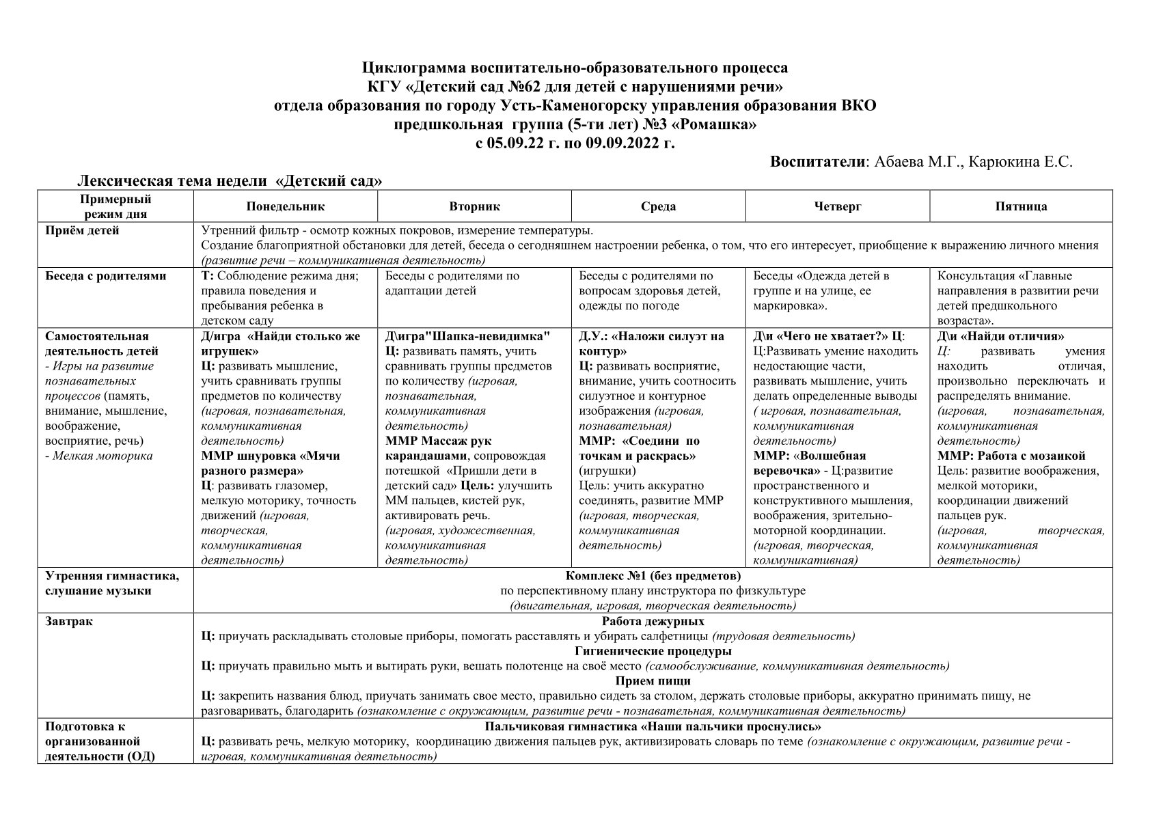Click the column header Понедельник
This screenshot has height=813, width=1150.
click(286, 206)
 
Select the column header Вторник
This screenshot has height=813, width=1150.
click(474, 206)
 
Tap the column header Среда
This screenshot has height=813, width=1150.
click(658, 206)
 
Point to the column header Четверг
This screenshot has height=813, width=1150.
click(837, 206)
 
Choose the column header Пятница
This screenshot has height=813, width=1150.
click(1021, 206)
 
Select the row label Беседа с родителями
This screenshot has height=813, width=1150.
click(105, 276)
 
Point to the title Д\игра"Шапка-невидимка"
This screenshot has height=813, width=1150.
click(467, 336)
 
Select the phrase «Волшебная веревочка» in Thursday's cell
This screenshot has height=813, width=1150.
click(810, 463)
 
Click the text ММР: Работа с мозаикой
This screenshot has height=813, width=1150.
click(1011, 456)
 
